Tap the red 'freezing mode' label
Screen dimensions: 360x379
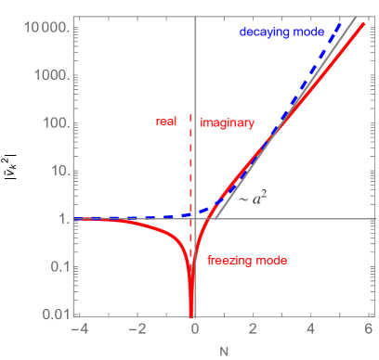[246, 260]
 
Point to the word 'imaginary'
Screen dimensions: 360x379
[227, 122]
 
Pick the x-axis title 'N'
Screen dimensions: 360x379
[222, 351]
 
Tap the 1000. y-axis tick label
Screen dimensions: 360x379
[52, 76]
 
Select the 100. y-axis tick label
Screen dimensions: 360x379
[56, 124]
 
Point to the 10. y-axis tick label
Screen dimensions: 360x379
[59, 172]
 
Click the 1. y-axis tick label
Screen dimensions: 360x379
[62, 220]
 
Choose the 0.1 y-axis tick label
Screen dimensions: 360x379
[59, 268]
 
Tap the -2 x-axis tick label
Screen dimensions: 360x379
[135, 329]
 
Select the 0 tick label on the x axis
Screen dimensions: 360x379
[195, 329]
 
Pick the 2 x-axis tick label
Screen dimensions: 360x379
[254, 329]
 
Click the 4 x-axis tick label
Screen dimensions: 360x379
[311, 329]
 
